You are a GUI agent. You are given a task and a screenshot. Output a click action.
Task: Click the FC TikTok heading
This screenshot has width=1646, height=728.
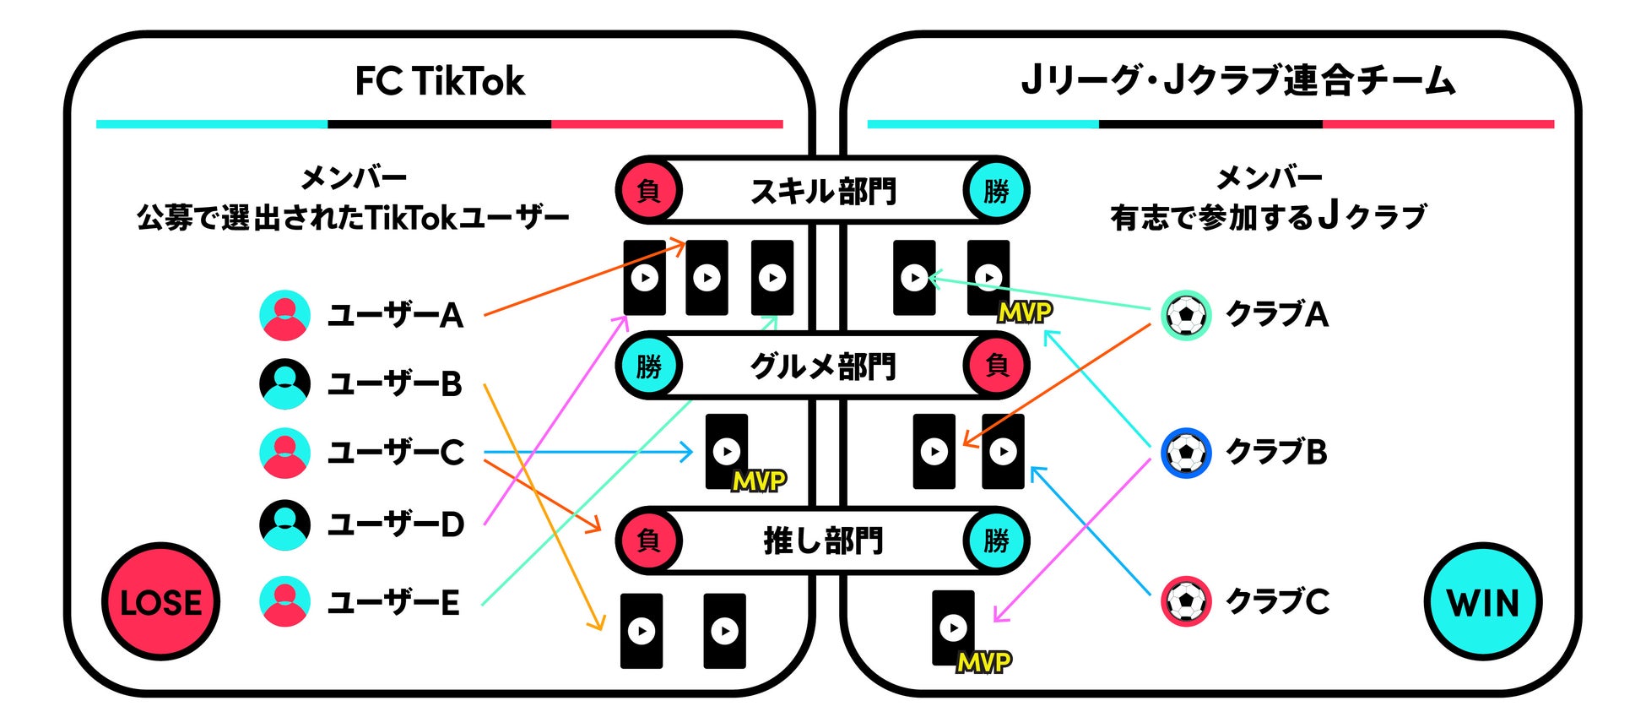[439, 82]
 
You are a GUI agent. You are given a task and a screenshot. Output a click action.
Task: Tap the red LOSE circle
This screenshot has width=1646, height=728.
[160, 602]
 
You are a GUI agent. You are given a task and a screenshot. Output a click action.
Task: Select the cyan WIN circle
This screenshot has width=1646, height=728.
[1483, 602]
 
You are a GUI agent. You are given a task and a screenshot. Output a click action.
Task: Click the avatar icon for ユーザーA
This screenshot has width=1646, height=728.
[284, 315]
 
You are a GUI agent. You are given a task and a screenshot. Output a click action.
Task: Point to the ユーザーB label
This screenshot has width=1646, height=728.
[394, 384]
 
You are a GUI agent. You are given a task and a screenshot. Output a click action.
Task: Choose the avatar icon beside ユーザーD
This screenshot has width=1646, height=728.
[284, 524]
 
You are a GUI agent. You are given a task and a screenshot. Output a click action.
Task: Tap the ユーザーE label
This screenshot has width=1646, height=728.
[393, 603]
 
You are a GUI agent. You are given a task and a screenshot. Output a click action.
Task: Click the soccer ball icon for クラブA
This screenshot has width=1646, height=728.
[1186, 315]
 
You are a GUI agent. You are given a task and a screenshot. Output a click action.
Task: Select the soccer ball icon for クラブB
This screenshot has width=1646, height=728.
[1186, 453]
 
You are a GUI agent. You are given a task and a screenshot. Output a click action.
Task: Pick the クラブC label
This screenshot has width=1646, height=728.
[1277, 601]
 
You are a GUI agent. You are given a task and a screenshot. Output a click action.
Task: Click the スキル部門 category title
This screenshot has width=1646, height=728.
[823, 192]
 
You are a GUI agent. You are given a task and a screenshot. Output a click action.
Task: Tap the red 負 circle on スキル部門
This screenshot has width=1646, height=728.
[648, 191]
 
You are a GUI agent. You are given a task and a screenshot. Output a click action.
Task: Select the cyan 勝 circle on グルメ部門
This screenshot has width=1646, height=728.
[648, 367]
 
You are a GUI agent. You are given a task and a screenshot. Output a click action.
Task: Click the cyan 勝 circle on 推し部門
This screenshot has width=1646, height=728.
[996, 541]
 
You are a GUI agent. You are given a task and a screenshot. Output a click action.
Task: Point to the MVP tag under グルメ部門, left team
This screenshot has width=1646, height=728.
[759, 481]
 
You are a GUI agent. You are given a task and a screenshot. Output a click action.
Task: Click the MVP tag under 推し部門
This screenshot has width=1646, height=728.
[984, 662]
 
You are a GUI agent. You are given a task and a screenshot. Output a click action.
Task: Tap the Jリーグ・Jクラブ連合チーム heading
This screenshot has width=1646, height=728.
[1238, 82]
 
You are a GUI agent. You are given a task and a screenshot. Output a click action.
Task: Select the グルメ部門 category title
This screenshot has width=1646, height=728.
[823, 367]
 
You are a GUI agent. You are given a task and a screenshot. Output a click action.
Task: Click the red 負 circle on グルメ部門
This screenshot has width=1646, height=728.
[997, 366]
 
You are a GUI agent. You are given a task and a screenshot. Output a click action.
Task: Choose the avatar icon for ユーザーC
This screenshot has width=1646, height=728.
[284, 453]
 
